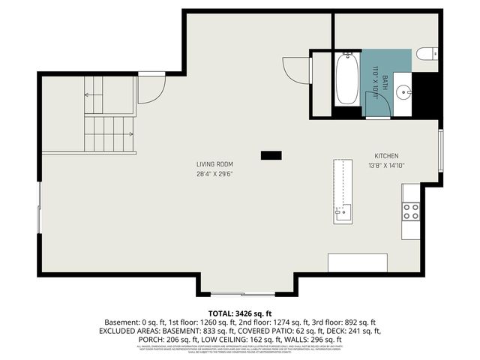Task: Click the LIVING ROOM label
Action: [x=214, y=164]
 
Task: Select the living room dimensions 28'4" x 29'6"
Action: [x=214, y=174]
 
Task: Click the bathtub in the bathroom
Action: [x=346, y=80]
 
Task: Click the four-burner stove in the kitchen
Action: [x=411, y=211]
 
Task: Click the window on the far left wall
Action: [x=40, y=210]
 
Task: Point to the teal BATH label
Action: [x=385, y=79]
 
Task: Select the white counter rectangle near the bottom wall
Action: [x=357, y=262]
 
